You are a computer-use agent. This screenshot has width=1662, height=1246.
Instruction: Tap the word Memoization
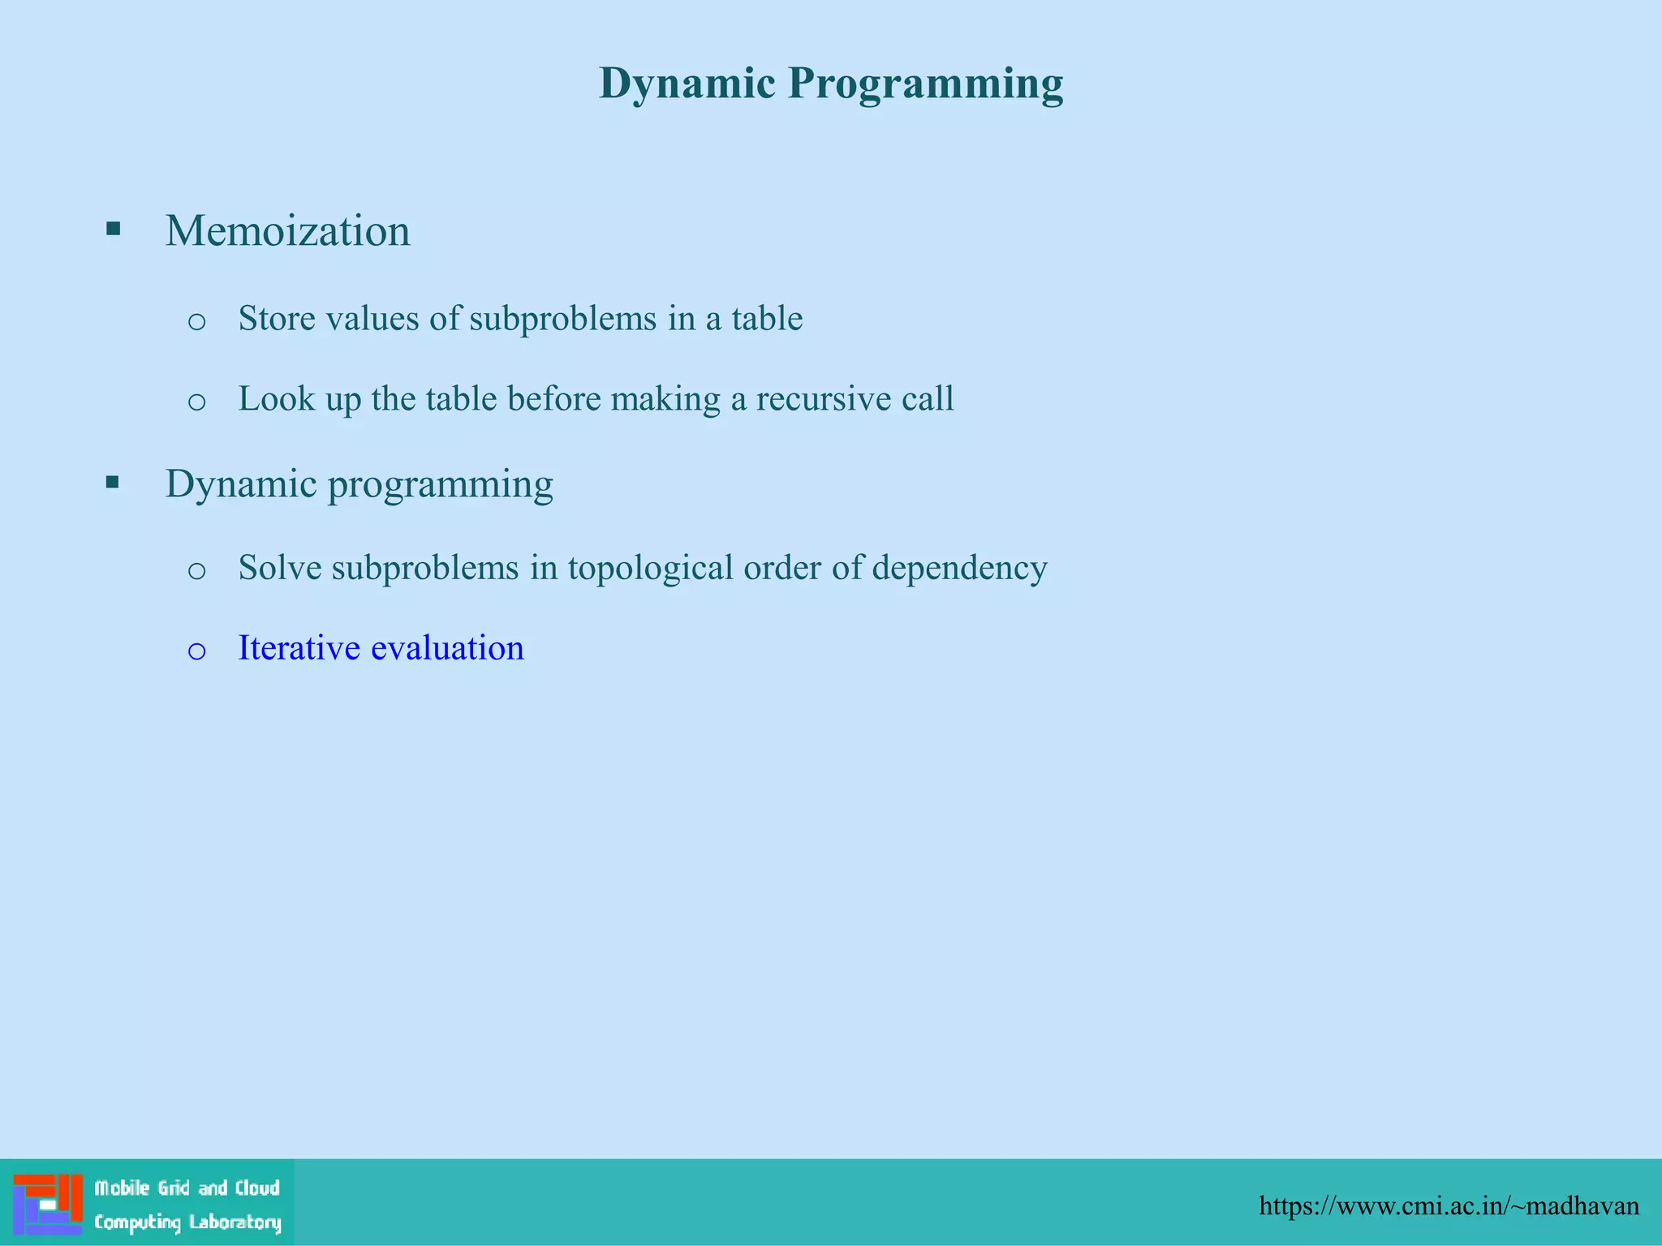click(287, 231)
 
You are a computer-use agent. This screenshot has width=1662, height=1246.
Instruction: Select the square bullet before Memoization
click(113, 229)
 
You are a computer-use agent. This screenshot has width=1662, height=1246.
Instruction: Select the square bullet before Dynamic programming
click(113, 483)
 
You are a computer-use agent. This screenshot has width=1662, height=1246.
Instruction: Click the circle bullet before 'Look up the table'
click(196, 401)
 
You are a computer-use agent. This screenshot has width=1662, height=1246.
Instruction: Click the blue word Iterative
click(299, 649)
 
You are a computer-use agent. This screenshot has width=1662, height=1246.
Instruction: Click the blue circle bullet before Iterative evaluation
click(196, 651)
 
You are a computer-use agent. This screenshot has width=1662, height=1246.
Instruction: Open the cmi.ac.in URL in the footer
click(1449, 1206)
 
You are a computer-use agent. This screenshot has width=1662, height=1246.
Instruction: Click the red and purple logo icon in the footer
click(48, 1204)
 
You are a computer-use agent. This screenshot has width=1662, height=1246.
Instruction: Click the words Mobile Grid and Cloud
click(187, 1188)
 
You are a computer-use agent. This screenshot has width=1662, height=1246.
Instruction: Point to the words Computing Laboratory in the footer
click(187, 1222)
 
